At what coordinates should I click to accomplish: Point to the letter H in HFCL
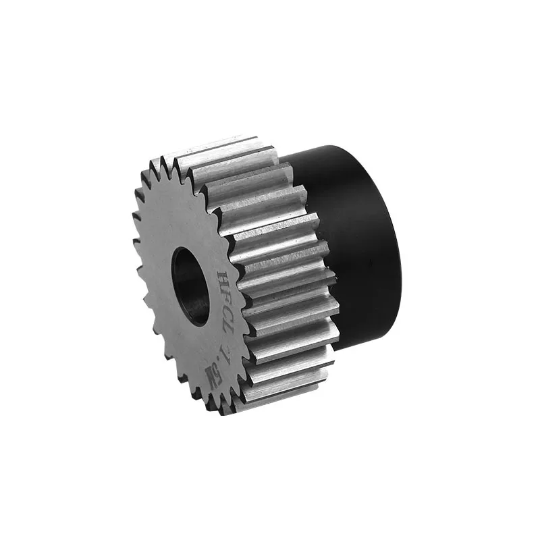click(223, 277)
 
